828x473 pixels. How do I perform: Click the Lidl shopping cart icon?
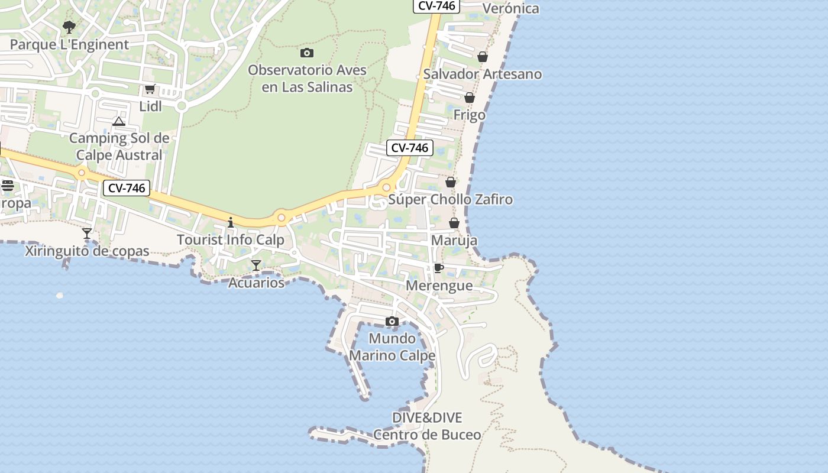click(150, 89)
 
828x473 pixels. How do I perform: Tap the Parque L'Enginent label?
click(69, 44)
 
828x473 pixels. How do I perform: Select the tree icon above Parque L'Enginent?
click(69, 27)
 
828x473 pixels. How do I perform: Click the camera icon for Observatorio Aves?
click(307, 53)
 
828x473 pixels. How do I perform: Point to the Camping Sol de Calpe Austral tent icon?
click(119, 122)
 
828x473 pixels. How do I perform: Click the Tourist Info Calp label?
click(231, 240)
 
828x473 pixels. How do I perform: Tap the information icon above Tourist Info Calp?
click(231, 223)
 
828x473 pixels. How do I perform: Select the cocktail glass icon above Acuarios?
click(256, 265)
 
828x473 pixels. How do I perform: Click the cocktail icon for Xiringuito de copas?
click(87, 234)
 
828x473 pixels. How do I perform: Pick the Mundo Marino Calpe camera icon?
click(392, 322)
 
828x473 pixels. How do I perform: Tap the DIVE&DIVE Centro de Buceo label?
click(427, 426)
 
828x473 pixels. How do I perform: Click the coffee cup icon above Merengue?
click(439, 268)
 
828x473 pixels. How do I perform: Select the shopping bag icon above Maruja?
click(454, 223)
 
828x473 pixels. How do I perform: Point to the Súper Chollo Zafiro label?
click(450, 199)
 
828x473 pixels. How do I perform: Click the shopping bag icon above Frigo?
click(470, 98)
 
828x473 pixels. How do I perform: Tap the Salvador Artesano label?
click(483, 74)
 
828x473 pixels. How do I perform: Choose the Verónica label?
click(511, 8)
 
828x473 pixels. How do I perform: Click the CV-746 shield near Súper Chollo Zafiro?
click(410, 148)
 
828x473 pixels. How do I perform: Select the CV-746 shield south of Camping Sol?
click(127, 188)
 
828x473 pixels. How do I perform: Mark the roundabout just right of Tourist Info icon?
click(282, 218)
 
